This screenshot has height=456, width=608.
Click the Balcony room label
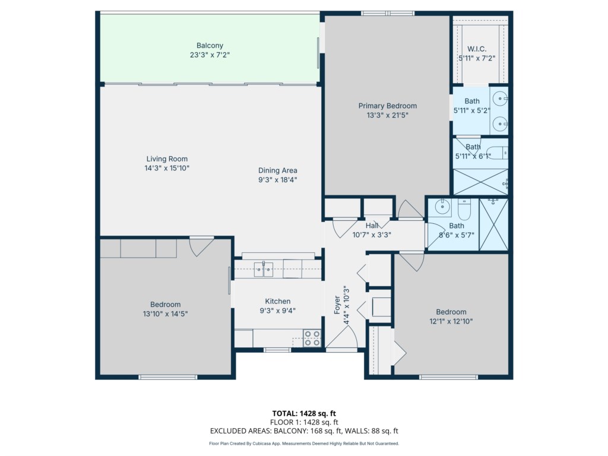[210, 46]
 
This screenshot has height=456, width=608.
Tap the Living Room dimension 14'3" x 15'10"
[167, 168]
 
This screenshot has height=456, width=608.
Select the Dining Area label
[278, 170]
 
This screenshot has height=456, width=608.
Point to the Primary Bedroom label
[387, 106]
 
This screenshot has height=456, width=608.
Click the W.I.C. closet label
[477, 49]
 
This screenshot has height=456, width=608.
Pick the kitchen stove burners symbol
[312, 338]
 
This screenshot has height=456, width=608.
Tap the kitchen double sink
[264, 269]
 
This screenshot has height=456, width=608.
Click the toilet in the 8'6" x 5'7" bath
[464, 210]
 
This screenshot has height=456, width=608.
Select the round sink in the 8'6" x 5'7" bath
[442, 207]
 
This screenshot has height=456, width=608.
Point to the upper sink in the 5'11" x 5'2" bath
[501, 98]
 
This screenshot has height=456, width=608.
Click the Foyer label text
[337, 305]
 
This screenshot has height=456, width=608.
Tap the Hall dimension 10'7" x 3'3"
[372, 235]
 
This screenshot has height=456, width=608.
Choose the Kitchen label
[278, 301]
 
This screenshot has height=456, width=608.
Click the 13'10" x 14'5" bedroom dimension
[165, 314]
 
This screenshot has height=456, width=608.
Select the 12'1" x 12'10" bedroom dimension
[451, 321]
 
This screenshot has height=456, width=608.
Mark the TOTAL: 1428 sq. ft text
[304, 413]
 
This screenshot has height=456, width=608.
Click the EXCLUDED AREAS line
[304, 431]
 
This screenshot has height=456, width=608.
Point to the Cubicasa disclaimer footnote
[304, 444]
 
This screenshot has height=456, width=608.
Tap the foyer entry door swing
[343, 337]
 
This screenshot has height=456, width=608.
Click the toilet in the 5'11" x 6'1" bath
[496, 153]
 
